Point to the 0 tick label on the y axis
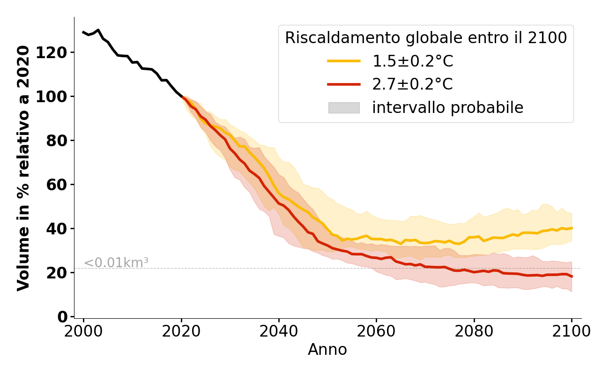click(63, 317)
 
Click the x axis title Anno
click(327, 350)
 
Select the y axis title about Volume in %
click(23, 168)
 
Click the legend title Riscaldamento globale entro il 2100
click(426, 38)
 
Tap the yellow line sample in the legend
click(344, 61)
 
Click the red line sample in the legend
click(344, 84)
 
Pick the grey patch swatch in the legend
click(344, 108)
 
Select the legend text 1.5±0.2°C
click(413, 61)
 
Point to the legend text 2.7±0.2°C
click(413, 84)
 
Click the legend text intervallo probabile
click(447, 108)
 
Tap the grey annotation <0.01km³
click(116, 263)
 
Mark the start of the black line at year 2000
click(83, 32)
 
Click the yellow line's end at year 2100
click(572, 228)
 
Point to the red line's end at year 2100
click(572, 277)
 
